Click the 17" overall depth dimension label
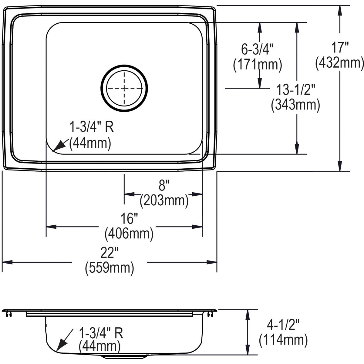pyautogui.click(x=339, y=48)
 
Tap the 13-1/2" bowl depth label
pyautogui.click(x=296, y=90)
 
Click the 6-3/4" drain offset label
pyautogui.click(x=258, y=49)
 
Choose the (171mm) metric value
pyautogui.click(x=258, y=64)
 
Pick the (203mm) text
pyautogui.click(x=164, y=200)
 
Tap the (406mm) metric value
pyautogui.click(x=129, y=234)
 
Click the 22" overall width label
pyautogui.click(x=110, y=253)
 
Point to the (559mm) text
pyautogui.click(x=110, y=268)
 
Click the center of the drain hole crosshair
pyautogui.click(x=124, y=88)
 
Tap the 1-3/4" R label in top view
pyautogui.click(x=92, y=127)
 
